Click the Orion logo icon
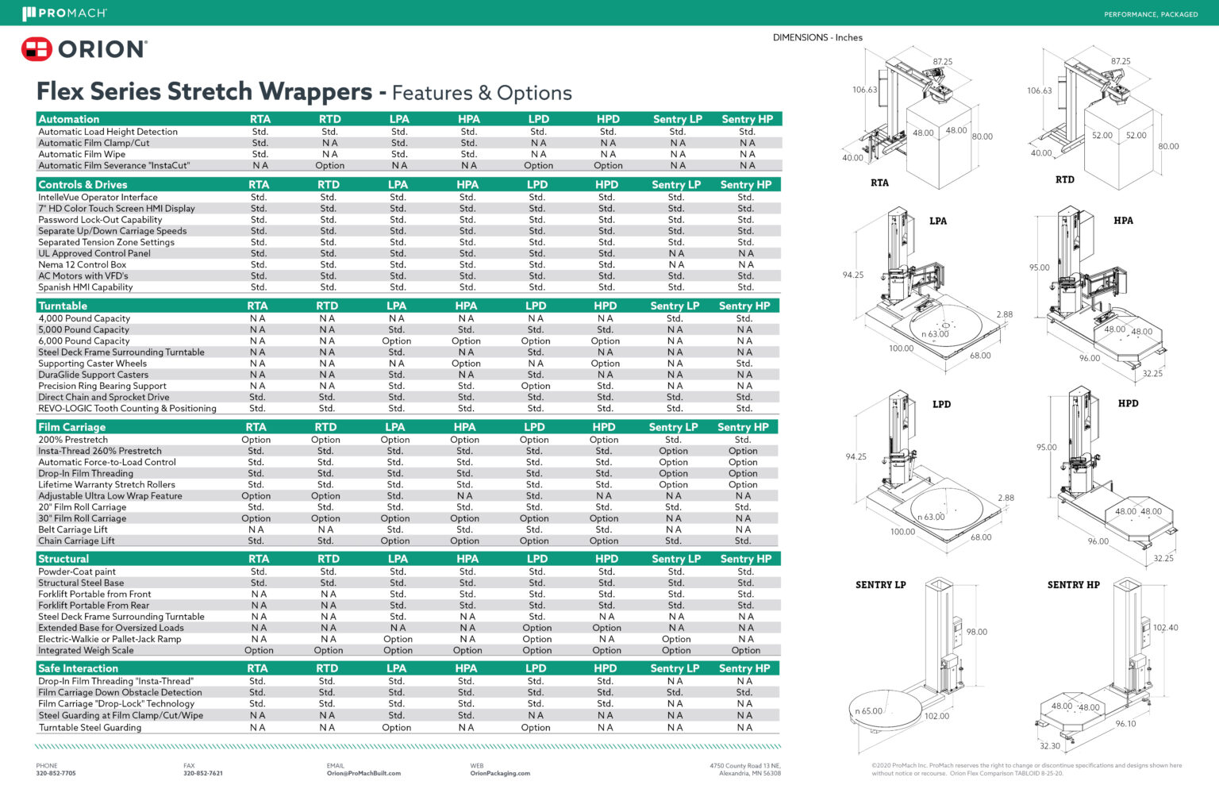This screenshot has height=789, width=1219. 37,49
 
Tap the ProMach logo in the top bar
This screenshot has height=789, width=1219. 64,13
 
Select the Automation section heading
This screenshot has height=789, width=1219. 69,119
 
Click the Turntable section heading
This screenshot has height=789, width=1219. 63,306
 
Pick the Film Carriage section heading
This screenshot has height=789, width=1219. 71,427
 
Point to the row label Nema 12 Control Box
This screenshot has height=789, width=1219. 83,264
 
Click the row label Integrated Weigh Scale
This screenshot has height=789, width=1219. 86,650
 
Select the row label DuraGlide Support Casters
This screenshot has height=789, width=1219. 93,375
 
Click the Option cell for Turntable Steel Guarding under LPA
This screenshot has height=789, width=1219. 396,727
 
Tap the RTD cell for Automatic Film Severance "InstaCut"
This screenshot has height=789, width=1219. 329,166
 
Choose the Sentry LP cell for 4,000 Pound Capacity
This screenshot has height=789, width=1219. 675,318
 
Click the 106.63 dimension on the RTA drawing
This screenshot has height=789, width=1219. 864,90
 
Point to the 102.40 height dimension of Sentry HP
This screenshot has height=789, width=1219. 1165,628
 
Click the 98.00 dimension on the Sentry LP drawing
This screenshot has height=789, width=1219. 976,632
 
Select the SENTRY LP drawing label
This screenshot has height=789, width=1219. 880,585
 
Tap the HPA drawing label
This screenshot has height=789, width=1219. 1123,221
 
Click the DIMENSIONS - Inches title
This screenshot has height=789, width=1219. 817,37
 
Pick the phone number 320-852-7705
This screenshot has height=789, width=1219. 56,773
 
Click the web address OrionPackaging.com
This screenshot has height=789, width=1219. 500,773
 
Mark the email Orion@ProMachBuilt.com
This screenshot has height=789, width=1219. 363,773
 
